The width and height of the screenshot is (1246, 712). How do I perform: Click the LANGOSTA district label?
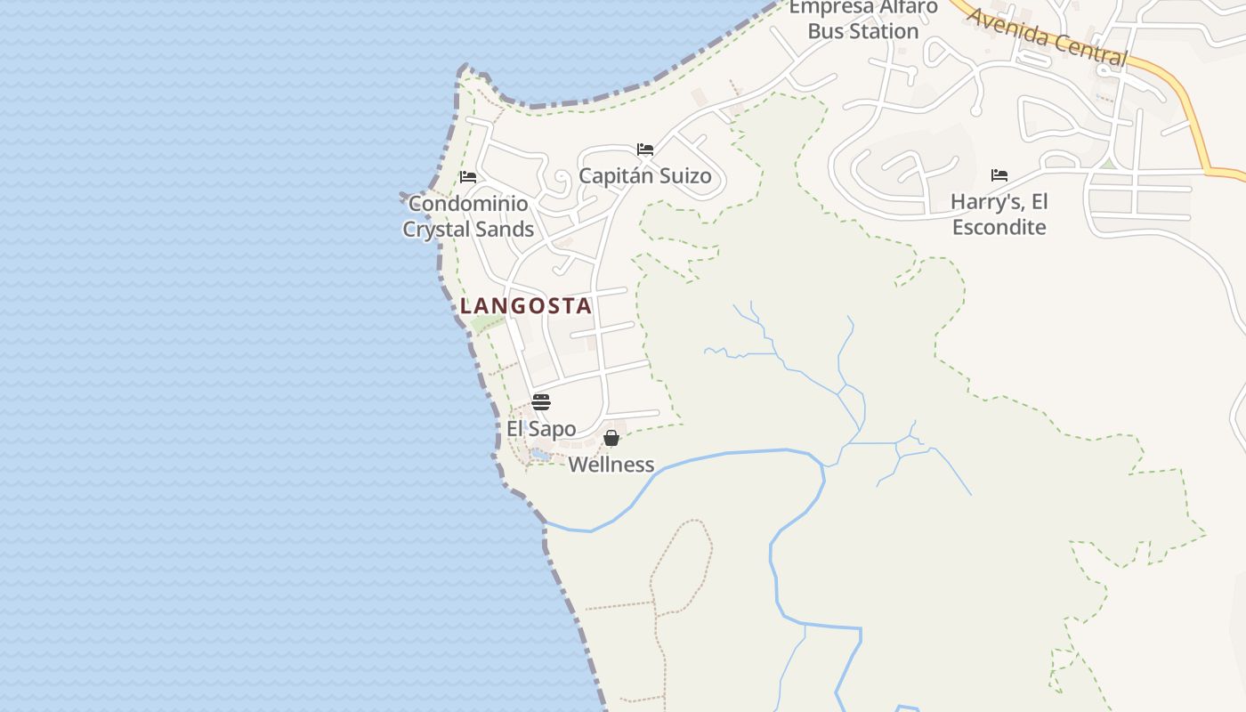click(525, 306)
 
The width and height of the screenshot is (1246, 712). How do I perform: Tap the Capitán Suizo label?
click(645, 175)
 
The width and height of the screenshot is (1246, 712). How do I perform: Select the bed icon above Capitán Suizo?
click(645, 149)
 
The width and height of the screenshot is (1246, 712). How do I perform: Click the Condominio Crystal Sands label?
click(468, 216)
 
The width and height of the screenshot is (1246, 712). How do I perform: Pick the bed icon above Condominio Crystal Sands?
click(468, 176)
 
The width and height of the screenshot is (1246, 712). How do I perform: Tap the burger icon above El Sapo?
click(541, 401)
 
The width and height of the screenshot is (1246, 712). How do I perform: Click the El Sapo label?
click(541, 429)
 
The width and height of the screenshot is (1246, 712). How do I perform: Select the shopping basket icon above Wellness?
click(611, 438)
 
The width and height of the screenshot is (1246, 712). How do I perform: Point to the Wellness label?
click(611, 465)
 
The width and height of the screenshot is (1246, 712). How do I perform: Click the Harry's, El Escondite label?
click(999, 214)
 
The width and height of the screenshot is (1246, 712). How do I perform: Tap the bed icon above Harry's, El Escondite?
click(999, 175)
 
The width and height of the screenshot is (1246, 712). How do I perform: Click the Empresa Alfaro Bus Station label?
click(863, 20)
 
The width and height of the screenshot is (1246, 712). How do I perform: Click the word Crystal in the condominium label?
click(436, 230)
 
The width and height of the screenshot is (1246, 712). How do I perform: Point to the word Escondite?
click(999, 227)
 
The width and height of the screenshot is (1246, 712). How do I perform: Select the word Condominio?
click(468, 204)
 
